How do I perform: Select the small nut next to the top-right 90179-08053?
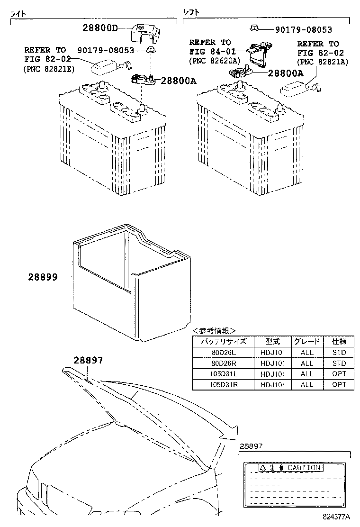click(x=253, y=29)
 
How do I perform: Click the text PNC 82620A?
click(x=214, y=61)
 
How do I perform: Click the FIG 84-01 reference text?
click(x=210, y=52)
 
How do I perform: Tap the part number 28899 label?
click(x=45, y=277)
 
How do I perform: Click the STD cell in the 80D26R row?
click(x=339, y=363)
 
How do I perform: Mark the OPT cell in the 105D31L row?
click(x=339, y=374)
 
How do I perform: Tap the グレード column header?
click(x=307, y=341)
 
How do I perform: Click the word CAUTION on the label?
click(x=304, y=468)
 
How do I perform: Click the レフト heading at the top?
click(x=191, y=12)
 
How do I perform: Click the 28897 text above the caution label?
click(x=251, y=446)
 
